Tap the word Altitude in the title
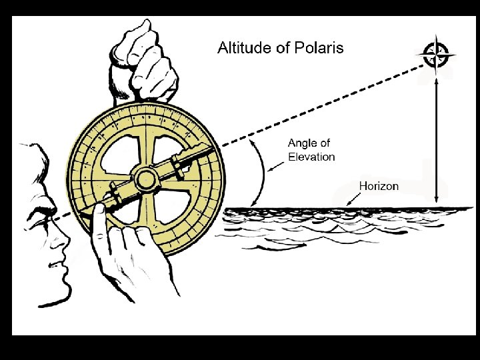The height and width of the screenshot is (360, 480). (x=243, y=48)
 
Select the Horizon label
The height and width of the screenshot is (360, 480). (x=379, y=186)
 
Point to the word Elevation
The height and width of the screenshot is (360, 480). (x=311, y=157)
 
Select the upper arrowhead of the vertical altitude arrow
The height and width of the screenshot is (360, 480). (x=436, y=79)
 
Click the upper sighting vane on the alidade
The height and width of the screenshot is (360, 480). (x=178, y=166)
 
